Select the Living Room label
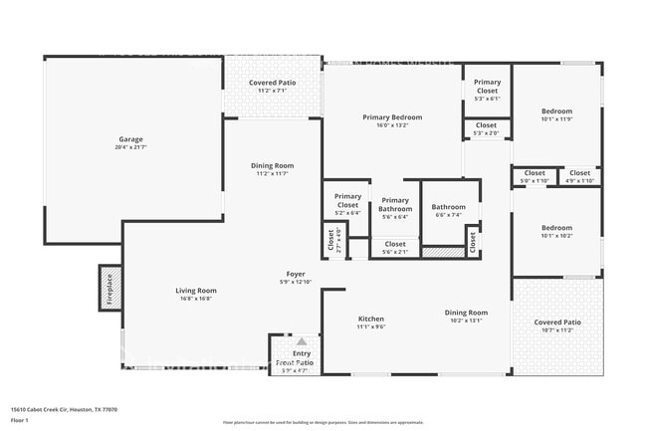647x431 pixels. pyautogui.click(x=197, y=291)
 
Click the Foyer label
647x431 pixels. pyautogui.click(x=296, y=274)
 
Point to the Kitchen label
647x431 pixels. pyautogui.click(x=371, y=319)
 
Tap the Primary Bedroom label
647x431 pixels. pyautogui.click(x=392, y=117)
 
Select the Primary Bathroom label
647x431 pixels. pyautogui.click(x=395, y=205)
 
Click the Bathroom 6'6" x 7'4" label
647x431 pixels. pyautogui.click(x=448, y=207)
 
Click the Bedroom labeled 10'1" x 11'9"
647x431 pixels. pyautogui.click(x=556, y=110)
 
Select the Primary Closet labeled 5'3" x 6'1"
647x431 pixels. pyautogui.click(x=487, y=83)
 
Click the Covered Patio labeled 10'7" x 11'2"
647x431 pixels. pyautogui.click(x=557, y=323)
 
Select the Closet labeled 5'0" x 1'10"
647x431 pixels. pyautogui.click(x=535, y=173)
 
